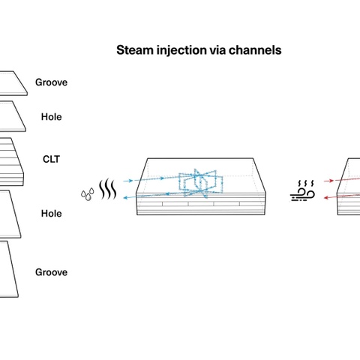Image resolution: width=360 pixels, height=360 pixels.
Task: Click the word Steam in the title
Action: (x=135, y=50)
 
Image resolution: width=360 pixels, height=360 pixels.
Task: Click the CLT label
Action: (x=51, y=159)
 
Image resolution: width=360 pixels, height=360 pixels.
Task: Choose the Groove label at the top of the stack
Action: (x=51, y=82)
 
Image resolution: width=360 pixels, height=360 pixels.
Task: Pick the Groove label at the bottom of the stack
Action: (x=51, y=272)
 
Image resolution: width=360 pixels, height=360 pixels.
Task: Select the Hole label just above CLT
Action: (x=51, y=117)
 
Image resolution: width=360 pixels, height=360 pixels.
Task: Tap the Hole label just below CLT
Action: (x=51, y=214)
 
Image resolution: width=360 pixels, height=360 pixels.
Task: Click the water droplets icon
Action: (x=88, y=194)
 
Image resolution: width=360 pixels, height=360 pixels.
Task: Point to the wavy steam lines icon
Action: (x=108, y=189)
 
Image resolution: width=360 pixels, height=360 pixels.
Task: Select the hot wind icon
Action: (x=302, y=191)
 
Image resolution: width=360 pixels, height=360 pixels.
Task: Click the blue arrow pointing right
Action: (x=128, y=181)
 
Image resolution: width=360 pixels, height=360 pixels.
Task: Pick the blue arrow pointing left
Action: (x=129, y=198)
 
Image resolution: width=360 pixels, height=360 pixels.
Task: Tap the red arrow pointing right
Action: (x=328, y=181)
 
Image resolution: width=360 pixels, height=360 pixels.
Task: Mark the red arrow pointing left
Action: (x=329, y=198)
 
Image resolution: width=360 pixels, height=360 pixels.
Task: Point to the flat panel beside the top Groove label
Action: (x=13, y=83)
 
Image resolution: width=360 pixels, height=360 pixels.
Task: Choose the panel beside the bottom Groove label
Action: (x=9, y=269)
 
